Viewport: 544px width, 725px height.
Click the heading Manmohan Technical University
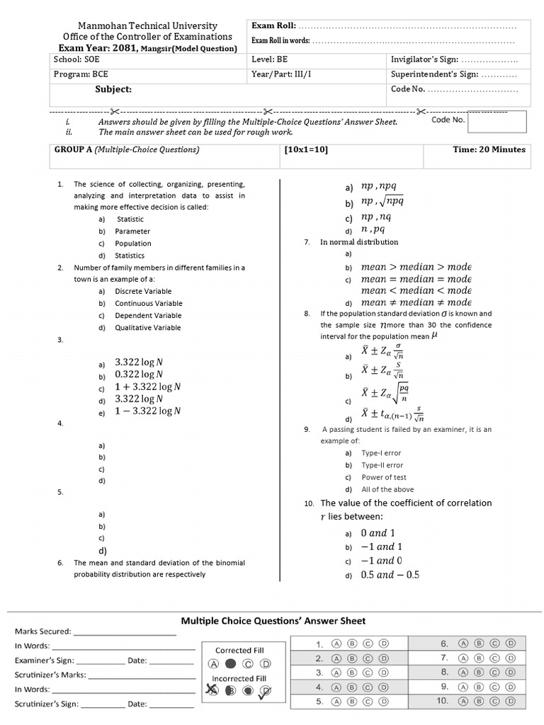pos(147,25)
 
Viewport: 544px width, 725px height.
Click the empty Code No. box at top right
pos(497,122)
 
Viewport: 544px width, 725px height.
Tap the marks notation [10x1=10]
pos(306,149)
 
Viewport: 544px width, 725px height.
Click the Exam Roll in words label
pos(280,41)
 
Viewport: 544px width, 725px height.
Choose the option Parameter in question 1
pos(132,231)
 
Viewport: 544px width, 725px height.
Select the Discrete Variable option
pos(142,291)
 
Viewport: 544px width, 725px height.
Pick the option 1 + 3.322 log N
pos(147,387)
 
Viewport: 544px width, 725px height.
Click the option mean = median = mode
pos(416,279)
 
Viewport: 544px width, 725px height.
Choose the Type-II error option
pos(382,465)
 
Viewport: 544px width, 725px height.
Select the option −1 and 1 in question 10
pos(381,547)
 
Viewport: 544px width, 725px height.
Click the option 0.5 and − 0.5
pos(390,575)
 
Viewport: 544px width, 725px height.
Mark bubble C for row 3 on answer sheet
pos(368,673)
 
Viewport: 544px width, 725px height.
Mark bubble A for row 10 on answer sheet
pos(463,701)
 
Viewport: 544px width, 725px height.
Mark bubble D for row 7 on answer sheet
pos(511,658)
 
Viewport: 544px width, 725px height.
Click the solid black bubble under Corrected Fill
pos(230,664)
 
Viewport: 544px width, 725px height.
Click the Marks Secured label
pos(42,631)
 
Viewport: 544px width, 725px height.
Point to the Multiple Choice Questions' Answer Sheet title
pos(273,621)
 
